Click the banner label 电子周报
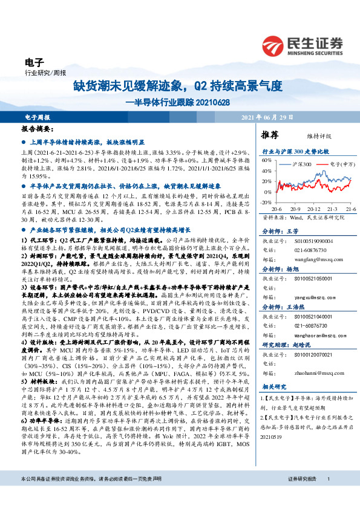click(x=37, y=117)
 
